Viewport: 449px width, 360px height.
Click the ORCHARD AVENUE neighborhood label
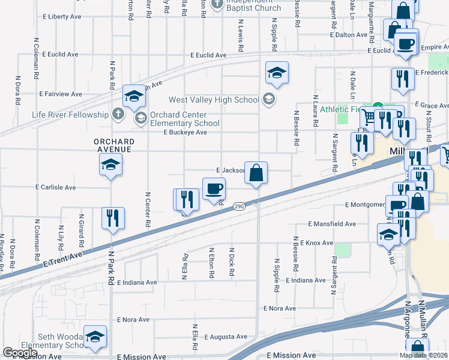tap(113, 145)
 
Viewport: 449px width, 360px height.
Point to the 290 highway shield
tap(238, 206)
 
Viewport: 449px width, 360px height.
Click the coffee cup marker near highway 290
tap(214, 190)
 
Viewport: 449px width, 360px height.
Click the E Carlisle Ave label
tap(56, 187)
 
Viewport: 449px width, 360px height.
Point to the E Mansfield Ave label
tap(331, 224)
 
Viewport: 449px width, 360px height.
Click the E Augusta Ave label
tap(226, 337)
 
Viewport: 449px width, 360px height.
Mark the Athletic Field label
tap(340, 109)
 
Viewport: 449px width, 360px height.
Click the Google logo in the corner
tap(20, 353)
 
